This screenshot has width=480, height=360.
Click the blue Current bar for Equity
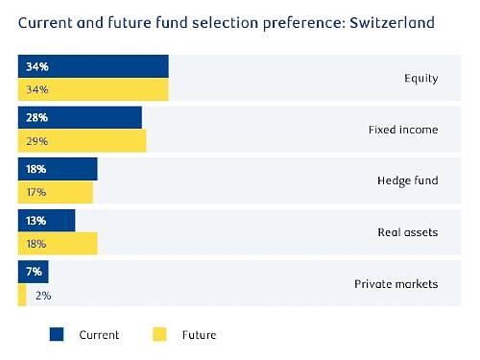pos(93,66)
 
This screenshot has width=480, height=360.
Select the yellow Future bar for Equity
pos(93,89)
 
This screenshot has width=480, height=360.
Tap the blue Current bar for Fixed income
pos(80,117)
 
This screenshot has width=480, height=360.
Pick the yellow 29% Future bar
pos(82,141)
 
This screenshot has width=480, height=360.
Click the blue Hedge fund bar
pos(58,169)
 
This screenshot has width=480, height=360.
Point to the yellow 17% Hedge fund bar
pos(56,192)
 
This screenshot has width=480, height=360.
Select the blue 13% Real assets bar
pos(46,221)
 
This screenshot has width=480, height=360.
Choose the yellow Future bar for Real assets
pos(58,244)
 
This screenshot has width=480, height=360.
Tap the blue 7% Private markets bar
pos(33,272)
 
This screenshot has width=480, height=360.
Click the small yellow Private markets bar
pos(22,295)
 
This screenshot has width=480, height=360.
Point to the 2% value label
pos(43,296)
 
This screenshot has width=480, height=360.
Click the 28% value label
pos(36,117)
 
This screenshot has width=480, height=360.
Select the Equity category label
pos(421,79)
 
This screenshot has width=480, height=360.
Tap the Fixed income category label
pos(403,130)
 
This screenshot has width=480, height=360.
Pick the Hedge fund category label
pos(408,180)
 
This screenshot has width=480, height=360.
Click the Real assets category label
pos(408,232)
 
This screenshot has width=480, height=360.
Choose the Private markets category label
pos(396,284)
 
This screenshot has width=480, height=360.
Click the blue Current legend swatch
pos(57,334)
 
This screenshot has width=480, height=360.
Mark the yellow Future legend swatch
pos(159,334)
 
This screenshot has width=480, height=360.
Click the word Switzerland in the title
pos(392,23)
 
